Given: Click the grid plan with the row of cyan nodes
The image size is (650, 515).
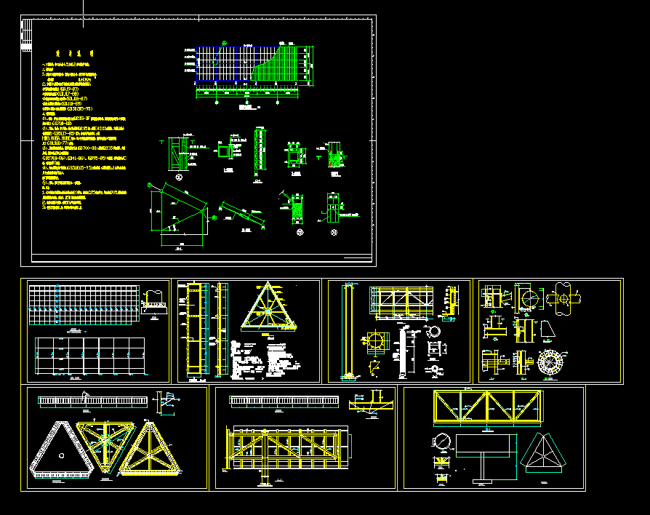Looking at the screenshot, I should pos(83,306).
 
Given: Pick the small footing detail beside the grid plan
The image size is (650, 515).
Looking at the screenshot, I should pos(153,301).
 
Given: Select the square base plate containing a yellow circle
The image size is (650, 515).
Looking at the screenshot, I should pos(375,343).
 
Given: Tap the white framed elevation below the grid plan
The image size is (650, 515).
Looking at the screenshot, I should pos(82,356).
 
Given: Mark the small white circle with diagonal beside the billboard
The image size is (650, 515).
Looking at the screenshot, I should pos(441,442).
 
